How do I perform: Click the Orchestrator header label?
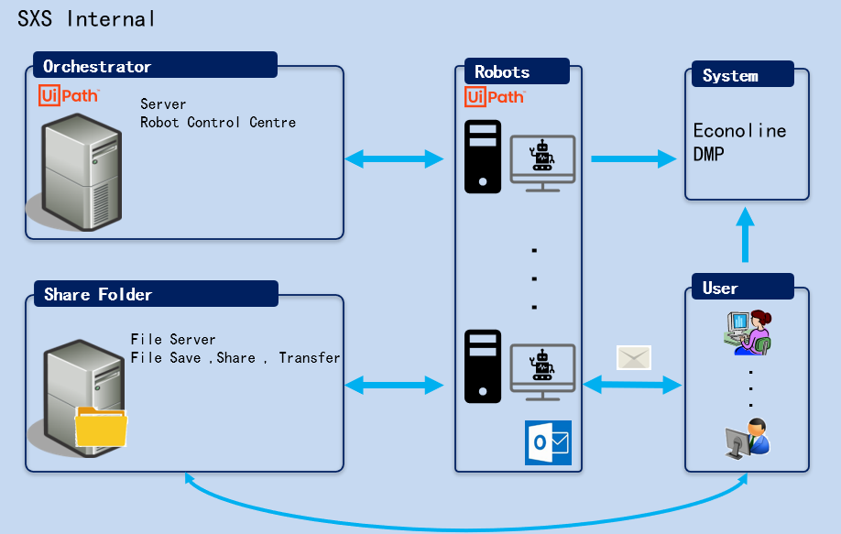pos(97,66)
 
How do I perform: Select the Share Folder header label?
pos(98,294)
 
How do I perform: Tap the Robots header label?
pos(502,72)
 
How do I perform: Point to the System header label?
pos(730,76)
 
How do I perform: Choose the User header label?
pos(720,288)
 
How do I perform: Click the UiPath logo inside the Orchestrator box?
pos(69,94)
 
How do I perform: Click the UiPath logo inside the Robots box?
pos(495,96)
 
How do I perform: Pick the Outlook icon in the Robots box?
pos(548,442)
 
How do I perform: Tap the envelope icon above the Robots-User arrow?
pos(633,357)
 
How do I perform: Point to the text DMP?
pos(708,154)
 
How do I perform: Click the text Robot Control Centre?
pos(218,122)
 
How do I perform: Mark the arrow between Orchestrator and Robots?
pos(394,159)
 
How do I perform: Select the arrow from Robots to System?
pos(632,159)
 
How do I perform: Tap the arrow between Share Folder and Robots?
pos(394,386)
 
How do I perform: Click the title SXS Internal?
pos(86,18)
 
